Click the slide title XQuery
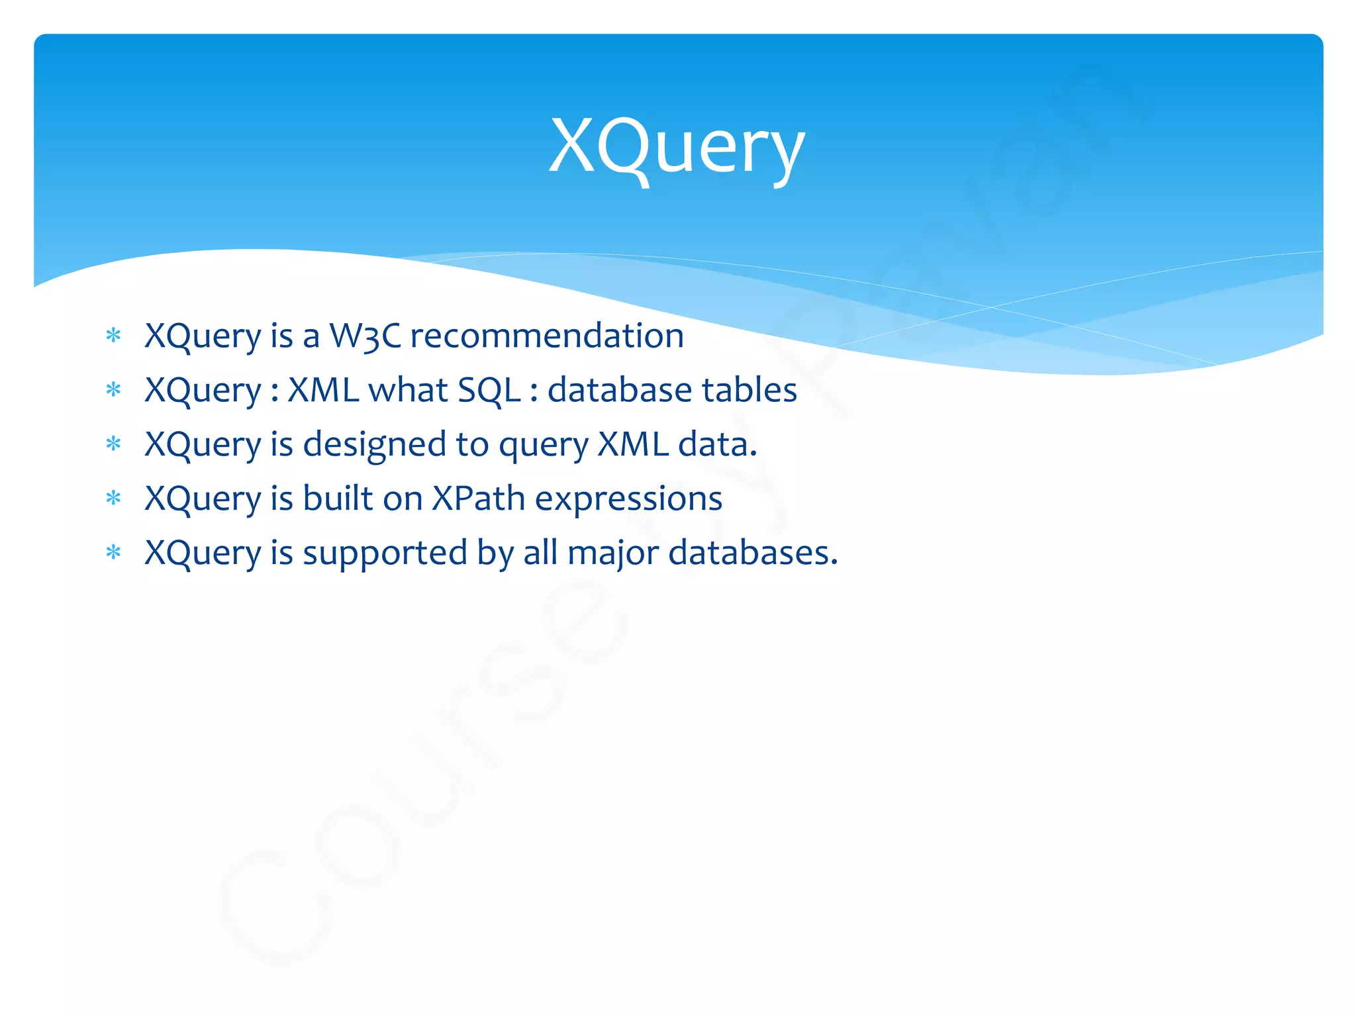tap(677, 147)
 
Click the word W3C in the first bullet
tap(365, 336)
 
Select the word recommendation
tap(547, 336)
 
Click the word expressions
tap(628, 499)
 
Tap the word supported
tap(385, 553)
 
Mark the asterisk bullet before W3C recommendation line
tap(113, 335)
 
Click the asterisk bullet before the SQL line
tap(113, 389)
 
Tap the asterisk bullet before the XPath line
tap(113, 498)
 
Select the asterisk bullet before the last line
tap(113, 552)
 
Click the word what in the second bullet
tap(408, 390)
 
